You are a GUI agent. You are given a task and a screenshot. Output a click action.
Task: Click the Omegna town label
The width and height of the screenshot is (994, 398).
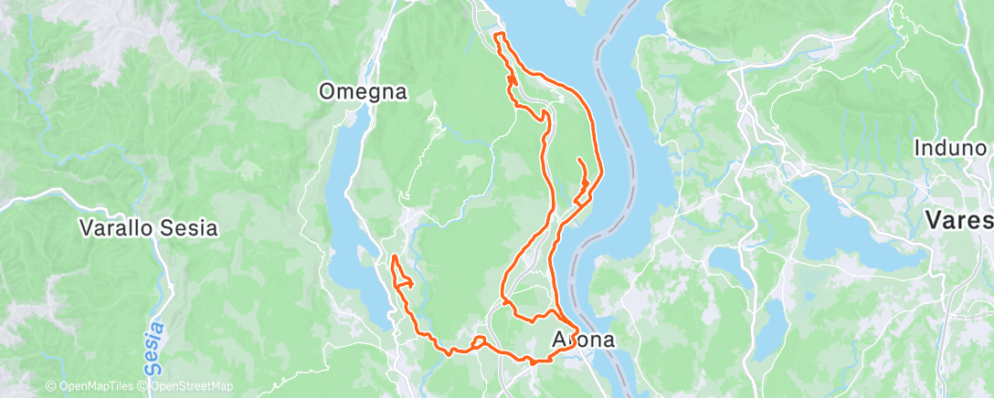point(363,91)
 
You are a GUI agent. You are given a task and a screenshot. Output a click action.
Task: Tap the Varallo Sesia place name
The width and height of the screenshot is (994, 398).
point(149,227)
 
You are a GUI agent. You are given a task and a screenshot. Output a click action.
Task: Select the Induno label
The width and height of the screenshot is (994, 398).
point(954,148)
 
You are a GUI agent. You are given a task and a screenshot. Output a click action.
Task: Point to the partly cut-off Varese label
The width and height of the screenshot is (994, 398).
point(959,220)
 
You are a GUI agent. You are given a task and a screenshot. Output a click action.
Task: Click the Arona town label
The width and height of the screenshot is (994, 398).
point(584,340)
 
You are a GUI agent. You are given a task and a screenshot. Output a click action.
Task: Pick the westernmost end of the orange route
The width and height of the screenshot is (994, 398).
point(393,259)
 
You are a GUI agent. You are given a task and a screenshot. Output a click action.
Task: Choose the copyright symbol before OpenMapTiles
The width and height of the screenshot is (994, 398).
point(50,387)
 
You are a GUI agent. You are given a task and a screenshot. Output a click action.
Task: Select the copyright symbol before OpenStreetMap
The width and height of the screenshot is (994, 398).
point(144,387)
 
